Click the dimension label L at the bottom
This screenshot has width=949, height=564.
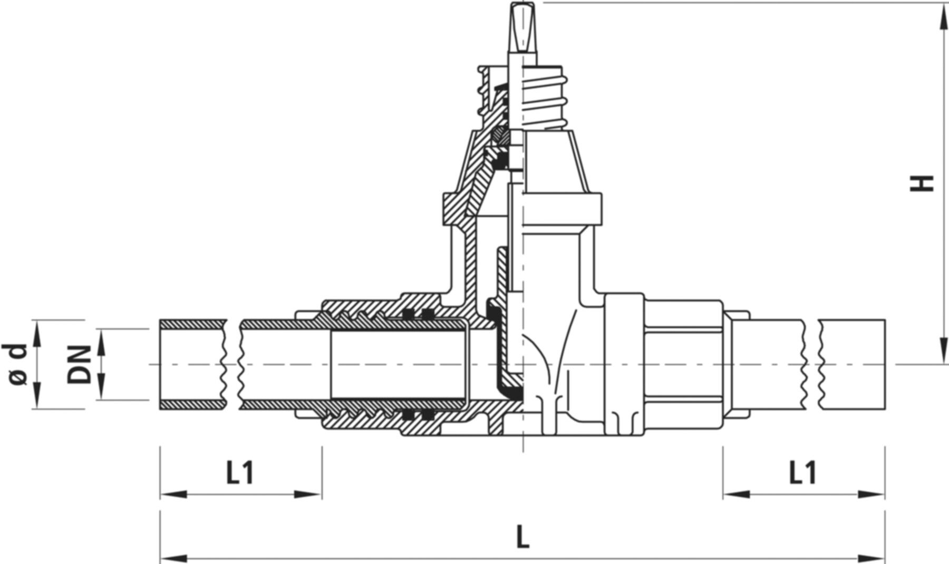coord(522,538)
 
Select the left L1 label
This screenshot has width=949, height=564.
coord(240,473)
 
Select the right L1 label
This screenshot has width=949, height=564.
coord(802,473)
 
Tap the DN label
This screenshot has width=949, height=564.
coord(79,364)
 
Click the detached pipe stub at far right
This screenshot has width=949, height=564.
coord(851,364)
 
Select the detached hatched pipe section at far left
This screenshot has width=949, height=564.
coord(192,364)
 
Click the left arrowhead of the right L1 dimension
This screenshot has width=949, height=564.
coord(735,494)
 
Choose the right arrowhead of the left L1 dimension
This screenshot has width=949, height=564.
coord(308,494)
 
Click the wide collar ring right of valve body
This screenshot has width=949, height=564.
coord(623,364)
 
